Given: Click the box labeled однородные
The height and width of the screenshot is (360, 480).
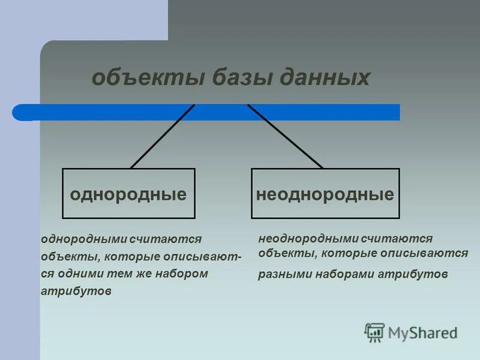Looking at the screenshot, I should coord(128,193).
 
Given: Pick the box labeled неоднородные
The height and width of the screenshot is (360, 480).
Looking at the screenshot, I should coord(325,193).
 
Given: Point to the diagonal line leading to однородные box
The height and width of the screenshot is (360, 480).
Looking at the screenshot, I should coord(162,137).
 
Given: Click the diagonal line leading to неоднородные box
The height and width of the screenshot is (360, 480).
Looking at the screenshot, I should coord(285,137).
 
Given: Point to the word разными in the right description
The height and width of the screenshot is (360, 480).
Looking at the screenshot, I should coord(281,275).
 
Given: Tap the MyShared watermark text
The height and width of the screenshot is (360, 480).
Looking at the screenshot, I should coord(422,332).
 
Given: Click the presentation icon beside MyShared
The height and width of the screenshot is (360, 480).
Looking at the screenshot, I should coord(374,332).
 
